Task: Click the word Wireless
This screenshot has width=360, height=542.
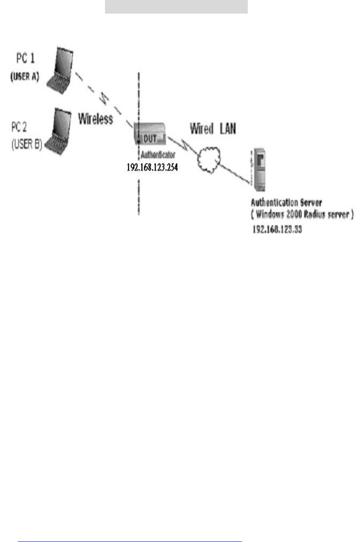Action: [96, 119]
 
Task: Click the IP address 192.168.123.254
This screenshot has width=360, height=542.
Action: [152, 167]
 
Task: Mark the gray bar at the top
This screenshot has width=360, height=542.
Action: [176, 7]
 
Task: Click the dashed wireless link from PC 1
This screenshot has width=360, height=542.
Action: [102, 98]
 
